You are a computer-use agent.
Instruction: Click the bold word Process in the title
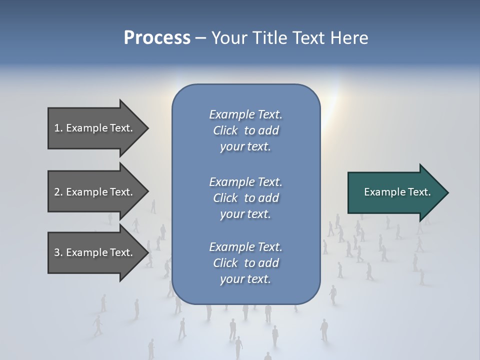pos(157,38)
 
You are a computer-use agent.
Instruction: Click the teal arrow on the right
pos(395,192)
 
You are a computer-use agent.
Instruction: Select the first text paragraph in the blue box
pos(245,130)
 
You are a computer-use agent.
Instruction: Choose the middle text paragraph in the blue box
pos(245,198)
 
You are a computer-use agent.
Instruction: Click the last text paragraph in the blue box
pos(245,263)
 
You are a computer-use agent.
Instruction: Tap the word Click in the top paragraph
pos(225,130)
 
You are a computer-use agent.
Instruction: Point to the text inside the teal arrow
pos(397,192)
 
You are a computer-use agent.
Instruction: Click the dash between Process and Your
pos(200,38)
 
